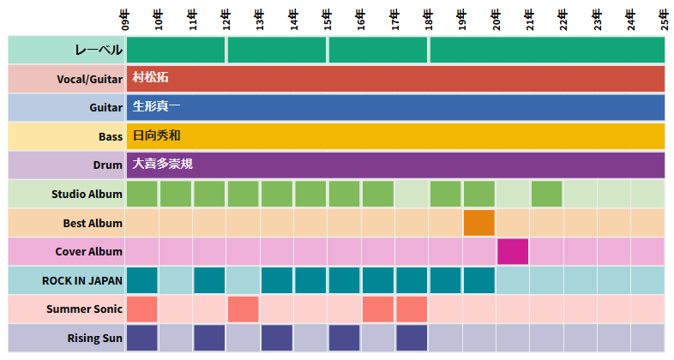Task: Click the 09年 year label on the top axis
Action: [x=126, y=18]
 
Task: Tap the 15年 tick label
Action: [x=328, y=18]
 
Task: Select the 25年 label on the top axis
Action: [x=665, y=18]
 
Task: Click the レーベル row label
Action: [x=99, y=50]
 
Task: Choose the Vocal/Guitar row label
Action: [x=90, y=79]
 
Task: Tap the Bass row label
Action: [x=108, y=136]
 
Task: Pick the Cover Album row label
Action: [x=88, y=251]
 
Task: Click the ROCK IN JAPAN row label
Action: [x=82, y=280]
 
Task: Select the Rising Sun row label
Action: [x=94, y=338]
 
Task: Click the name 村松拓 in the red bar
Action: [x=150, y=78]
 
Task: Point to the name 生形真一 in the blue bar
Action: [x=156, y=107]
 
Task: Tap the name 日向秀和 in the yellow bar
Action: [x=156, y=135]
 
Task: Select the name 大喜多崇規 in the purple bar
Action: [x=162, y=164]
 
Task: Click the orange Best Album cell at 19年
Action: [x=479, y=223]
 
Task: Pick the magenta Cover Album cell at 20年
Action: [x=513, y=251]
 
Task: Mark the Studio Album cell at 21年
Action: [x=546, y=194]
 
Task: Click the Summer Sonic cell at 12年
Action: [x=244, y=309]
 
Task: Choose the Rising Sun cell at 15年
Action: [x=344, y=338]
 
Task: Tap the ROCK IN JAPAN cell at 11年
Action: [x=209, y=280]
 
